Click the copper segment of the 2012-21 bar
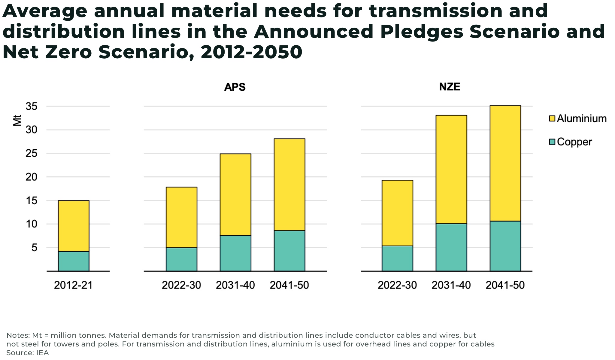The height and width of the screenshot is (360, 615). (74, 261)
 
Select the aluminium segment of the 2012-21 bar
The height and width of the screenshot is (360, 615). (74, 226)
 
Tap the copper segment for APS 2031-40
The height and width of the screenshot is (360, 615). (235, 253)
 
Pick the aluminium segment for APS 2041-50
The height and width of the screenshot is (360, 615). (289, 185)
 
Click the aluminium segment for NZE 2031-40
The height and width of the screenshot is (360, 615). (451, 169)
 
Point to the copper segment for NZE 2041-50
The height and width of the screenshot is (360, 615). (505, 246)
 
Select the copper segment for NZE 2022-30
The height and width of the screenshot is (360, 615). (397, 258)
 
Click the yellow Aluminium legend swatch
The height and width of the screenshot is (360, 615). (552, 118)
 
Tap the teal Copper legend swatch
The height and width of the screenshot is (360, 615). (552, 142)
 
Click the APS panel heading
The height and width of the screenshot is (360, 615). (235, 87)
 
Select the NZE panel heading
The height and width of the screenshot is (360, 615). (450, 87)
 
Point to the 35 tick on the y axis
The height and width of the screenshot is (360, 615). (32, 106)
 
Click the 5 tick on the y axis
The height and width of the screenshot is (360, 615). (34, 248)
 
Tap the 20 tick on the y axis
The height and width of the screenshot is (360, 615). (32, 177)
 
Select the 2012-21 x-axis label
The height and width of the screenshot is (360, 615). (73, 285)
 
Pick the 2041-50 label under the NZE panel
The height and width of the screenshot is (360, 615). (505, 285)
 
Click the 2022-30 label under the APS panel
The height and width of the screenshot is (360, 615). (181, 285)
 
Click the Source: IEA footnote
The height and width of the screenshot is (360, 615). (28, 353)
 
